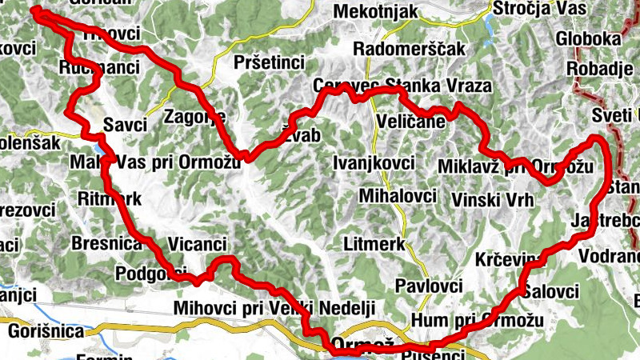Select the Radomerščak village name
pos(409,49)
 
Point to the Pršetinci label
pos(270,62)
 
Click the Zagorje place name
pos(190,117)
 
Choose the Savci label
pos(126,124)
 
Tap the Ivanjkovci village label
pos(374,164)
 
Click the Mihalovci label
pos(398,196)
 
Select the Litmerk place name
pos(374,242)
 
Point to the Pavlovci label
pos(430,286)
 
